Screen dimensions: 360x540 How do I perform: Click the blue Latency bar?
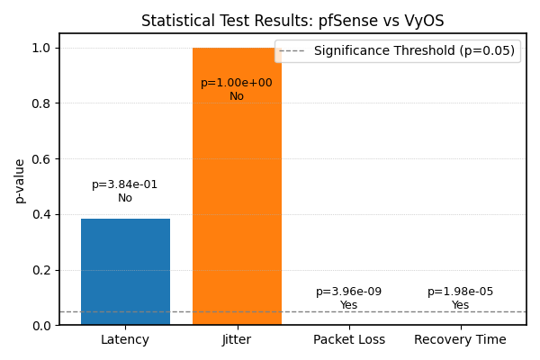click(125, 272)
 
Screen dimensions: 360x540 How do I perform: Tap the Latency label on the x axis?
click(125, 340)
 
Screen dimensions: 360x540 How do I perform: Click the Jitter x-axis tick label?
click(237, 340)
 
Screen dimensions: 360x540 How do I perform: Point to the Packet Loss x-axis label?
click(349, 340)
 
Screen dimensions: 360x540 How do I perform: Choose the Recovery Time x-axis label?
click(460, 340)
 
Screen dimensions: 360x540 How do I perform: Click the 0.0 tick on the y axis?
click(43, 326)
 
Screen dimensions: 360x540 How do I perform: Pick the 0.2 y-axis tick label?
click(43, 270)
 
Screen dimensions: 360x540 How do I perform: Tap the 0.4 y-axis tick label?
click(43, 214)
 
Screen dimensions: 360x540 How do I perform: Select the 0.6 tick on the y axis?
click(43, 159)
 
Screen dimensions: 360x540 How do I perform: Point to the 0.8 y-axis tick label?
click(43, 103)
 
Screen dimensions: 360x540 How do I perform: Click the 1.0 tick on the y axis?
click(43, 48)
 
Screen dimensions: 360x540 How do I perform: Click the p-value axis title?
click(20, 180)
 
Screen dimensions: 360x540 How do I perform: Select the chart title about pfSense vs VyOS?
click(292, 21)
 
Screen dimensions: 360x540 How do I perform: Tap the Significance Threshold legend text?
click(414, 51)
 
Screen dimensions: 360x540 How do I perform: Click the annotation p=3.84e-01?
click(125, 184)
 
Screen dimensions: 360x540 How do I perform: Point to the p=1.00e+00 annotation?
click(237, 83)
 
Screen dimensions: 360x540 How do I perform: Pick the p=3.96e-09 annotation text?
click(349, 292)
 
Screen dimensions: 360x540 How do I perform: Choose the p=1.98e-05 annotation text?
click(460, 292)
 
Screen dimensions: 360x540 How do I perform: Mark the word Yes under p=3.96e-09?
click(349, 306)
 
